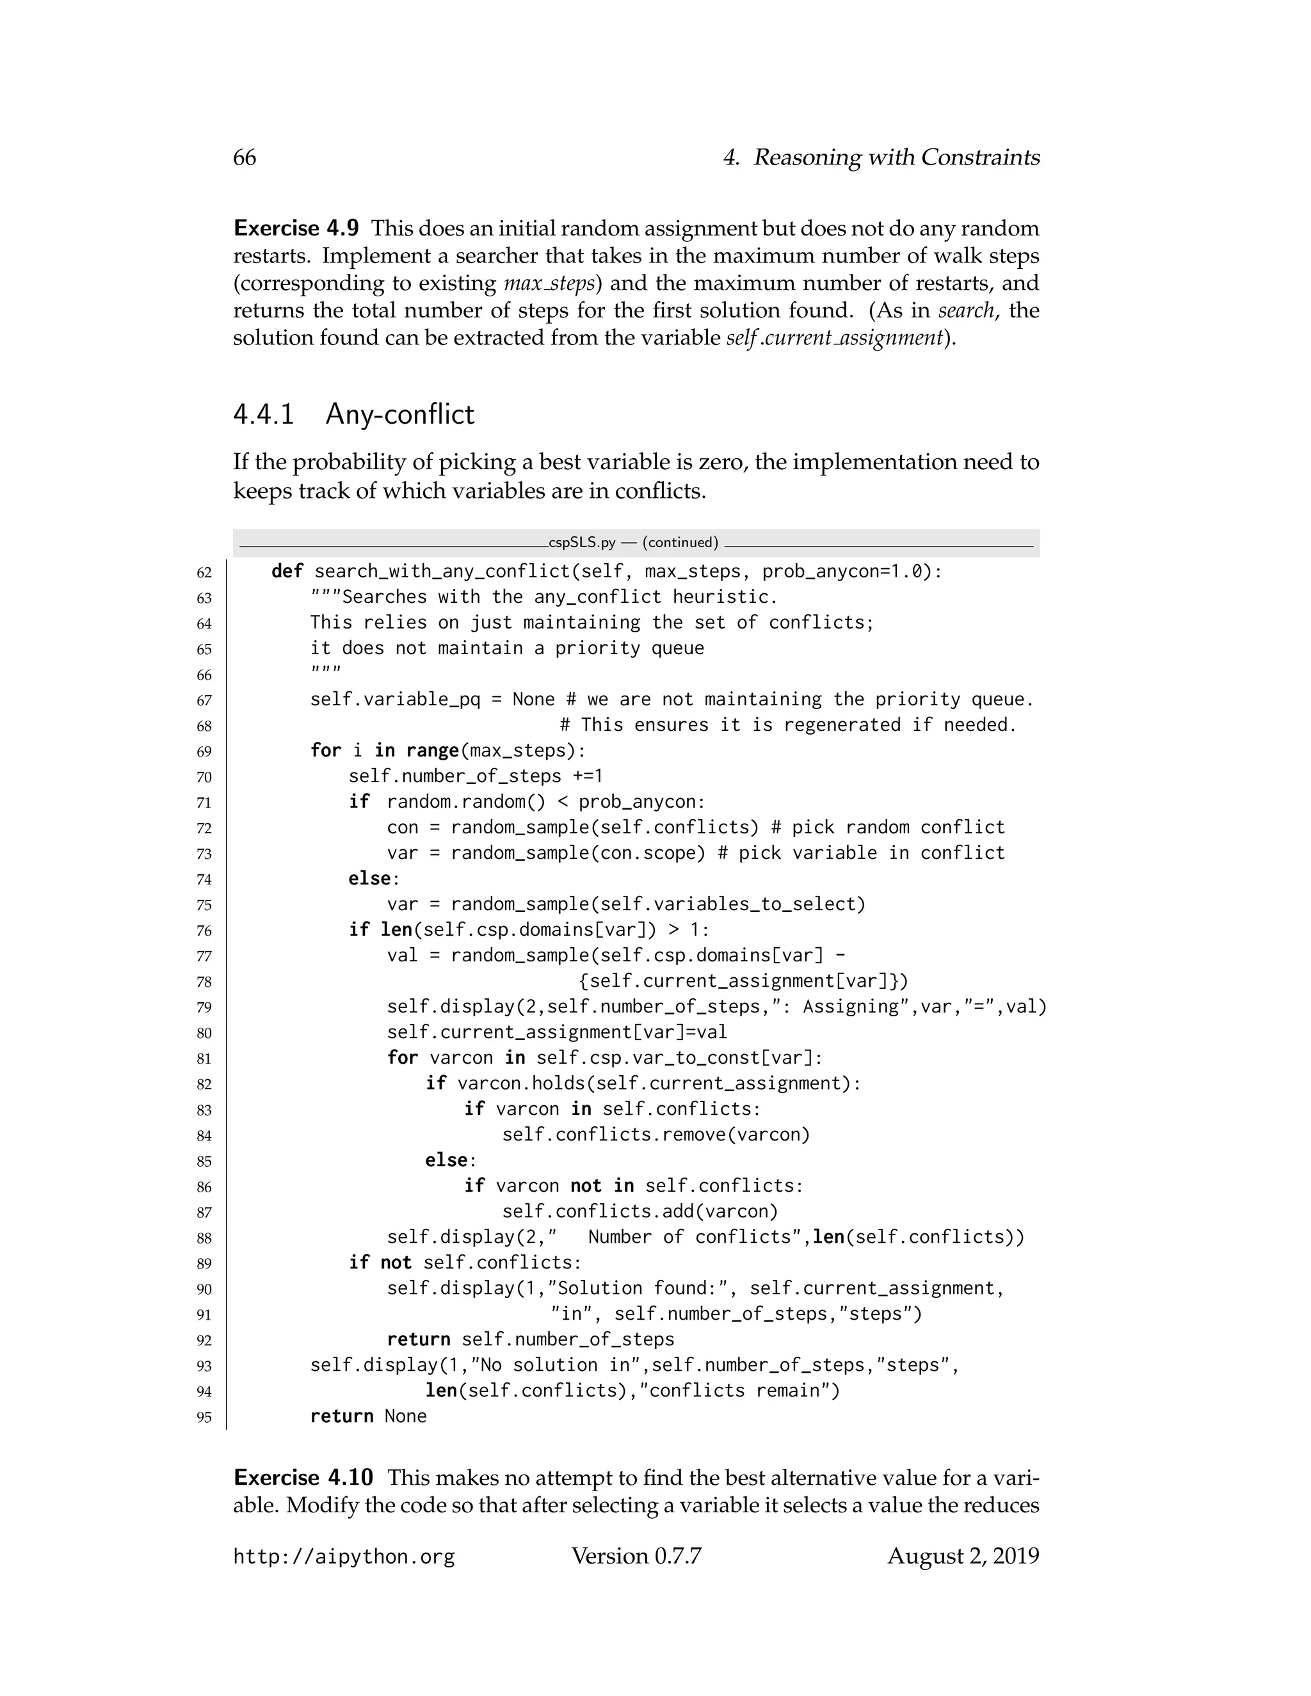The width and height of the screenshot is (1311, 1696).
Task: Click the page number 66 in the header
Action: click(x=244, y=157)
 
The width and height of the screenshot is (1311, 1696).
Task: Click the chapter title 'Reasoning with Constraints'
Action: click(x=896, y=157)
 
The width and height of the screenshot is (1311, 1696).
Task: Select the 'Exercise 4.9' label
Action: click(x=296, y=228)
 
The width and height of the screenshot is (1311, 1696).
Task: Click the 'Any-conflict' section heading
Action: click(x=400, y=414)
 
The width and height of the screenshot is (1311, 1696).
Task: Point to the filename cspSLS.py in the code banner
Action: click(x=582, y=543)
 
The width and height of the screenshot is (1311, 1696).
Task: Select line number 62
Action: click(x=204, y=573)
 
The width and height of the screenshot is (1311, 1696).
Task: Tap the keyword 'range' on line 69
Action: click(x=432, y=751)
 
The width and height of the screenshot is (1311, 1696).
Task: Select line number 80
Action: click(x=204, y=1034)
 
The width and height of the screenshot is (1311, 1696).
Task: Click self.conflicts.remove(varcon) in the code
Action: click(x=655, y=1135)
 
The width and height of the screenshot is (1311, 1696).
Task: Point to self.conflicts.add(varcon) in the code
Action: click(x=640, y=1212)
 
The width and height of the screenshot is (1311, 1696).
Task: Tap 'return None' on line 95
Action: click(x=368, y=1417)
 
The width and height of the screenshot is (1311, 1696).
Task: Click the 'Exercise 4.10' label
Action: click(x=303, y=1478)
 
